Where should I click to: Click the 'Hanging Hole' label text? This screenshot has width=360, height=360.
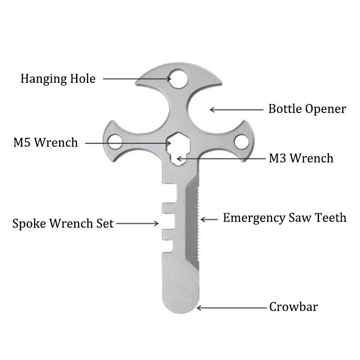58,79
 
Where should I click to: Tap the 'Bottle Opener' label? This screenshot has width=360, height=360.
307,109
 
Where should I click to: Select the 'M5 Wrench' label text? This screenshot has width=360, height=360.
46,142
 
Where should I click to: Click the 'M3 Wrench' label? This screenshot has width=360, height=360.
301,158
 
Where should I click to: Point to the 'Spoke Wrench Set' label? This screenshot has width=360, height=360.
63,224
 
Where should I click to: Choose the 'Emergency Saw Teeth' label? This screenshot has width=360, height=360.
285,218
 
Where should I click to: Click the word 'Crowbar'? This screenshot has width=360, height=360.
293,307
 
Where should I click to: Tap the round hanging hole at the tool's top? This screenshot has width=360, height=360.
179,79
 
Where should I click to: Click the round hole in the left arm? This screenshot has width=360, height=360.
115,142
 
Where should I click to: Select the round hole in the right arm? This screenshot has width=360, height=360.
242,142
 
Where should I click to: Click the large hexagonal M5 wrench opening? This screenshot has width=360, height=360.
179,143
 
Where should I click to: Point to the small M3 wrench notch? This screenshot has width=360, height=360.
179,160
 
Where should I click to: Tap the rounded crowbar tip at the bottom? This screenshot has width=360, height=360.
180,306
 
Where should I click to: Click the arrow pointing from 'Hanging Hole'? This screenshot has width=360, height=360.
137,79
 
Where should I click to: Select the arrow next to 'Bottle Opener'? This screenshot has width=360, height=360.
237,110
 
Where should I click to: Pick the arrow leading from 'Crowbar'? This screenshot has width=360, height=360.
231,308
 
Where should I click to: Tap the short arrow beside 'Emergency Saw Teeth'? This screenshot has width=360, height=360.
209,220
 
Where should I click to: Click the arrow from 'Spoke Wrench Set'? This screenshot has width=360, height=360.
137,223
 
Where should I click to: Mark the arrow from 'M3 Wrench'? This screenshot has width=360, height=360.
221,158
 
